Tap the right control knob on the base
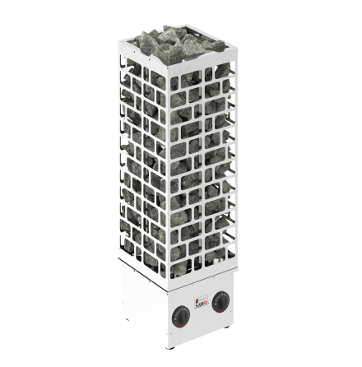click(220, 302)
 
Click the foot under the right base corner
click(227, 328)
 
